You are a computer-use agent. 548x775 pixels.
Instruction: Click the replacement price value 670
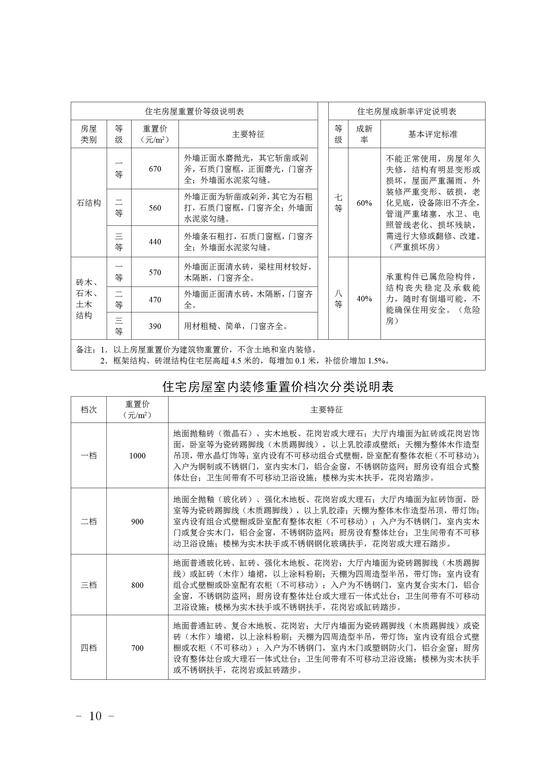pyautogui.click(x=155, y=169)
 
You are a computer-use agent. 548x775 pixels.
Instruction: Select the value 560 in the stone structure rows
pyautogui.click(x=155, y=208)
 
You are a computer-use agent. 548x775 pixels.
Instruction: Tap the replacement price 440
pyautogui.click(x=155, y=242)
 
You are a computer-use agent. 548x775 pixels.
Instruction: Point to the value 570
pyautogui.click(x=155, y=272)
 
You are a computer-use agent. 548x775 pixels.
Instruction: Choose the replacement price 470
pyautogui.click(x=155, y=300)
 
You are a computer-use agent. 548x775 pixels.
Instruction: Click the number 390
pyautogui.click(x=155, y=326)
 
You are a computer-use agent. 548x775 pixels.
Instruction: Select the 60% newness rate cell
pyautogui.click(x=364, y=203)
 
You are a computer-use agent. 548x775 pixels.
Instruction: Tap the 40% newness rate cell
pyautogui.click(x=364, y=299)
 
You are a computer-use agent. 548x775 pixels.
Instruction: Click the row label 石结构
pyautogui.click(x=89, y=203)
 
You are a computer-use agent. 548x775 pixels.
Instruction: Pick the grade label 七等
pyautogui.click(x=338, y=203)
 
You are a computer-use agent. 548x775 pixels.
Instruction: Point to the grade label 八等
pyautogui.click(x=338, y=299)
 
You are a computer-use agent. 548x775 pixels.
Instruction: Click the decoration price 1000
pyautogui.click(x=137, y=456)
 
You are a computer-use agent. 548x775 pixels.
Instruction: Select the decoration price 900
pyautogui.click(x=137, y=522)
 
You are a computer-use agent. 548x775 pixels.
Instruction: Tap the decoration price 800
pyautogui.click(x=137, y=585)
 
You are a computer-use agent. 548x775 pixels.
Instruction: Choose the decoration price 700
pyautogui.click(x=137, y=648)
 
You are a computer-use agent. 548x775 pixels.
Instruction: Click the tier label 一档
pyautogui.click(x=89, y=456)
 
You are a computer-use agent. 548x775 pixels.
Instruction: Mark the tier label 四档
pyautogui.click(x=89, y=648)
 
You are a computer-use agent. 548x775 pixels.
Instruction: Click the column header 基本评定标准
pyautogui.click(x=433, y=134)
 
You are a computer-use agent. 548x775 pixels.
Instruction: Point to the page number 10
pyautogui.click(x=95, y=716)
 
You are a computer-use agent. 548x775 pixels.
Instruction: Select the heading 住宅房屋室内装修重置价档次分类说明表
pyautogui.click(x=278, y=387)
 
